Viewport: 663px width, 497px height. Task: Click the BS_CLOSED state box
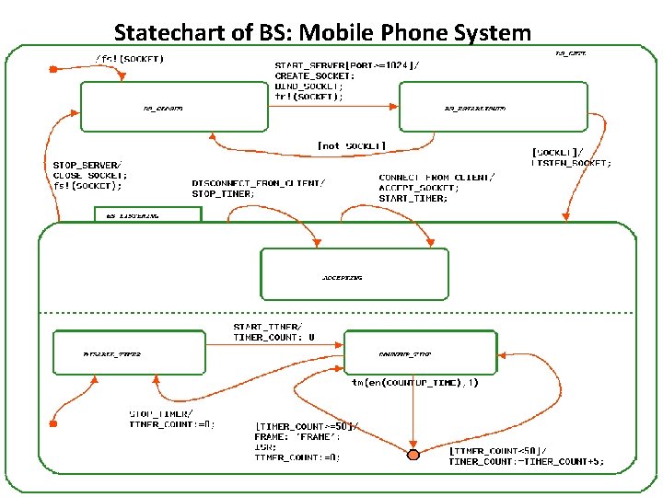click(160, 108)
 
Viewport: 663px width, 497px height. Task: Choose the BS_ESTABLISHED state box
click(493, 108)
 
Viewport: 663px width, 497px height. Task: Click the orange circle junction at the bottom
click(413, 455)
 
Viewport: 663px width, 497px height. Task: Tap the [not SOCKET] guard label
click(351, 146)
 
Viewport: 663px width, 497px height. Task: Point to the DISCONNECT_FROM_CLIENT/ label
click(258, 182)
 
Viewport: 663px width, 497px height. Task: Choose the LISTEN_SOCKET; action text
click(572, 163)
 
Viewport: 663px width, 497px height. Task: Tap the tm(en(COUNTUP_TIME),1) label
click(414, 382)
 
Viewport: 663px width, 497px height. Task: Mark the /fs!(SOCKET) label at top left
click(129, 59)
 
